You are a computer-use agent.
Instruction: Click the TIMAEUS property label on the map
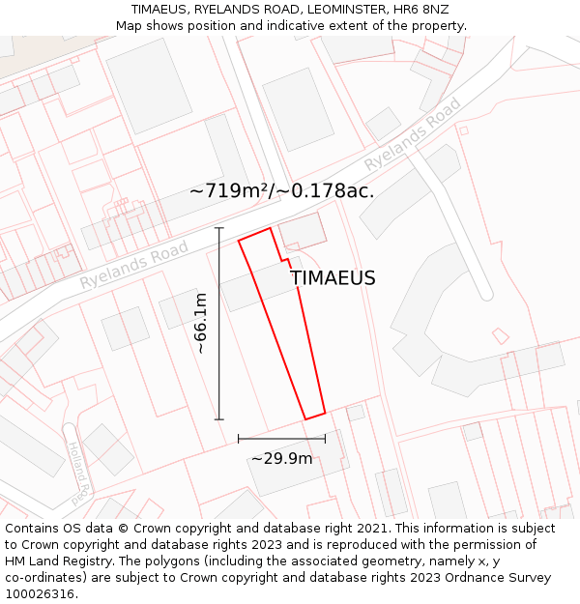pyautogui.click(x=333, y=278)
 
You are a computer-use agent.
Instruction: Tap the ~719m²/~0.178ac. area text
pyautogui.click(x=281, y=190)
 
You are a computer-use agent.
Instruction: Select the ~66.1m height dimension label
pyautogui.click(x=200, y=323)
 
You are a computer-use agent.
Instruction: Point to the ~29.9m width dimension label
pyautogui.click(x=282, y=458)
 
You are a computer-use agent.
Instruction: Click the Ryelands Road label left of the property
pyautogui.click(x=134, y=265)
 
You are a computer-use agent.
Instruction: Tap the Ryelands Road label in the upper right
pyautogui.click(x=413, y=134)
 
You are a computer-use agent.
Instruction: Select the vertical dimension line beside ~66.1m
pyautogui.click(x=219, y=324)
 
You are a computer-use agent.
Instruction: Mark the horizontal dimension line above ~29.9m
pyautogui.click(x=281, y=439)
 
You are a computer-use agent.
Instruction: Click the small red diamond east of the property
pyautogui.click(x=500, y=336)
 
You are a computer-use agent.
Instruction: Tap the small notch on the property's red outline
pyautogui.click(x=286, y=260)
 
